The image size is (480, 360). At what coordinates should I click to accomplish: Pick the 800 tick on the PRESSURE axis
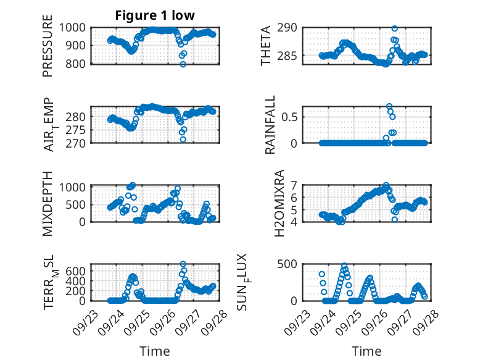point(78,64)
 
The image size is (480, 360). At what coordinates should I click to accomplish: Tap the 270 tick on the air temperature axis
point(78,143)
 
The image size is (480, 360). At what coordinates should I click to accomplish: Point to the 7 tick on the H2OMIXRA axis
point(295,185)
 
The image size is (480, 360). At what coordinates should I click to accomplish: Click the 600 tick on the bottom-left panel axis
point(78,270)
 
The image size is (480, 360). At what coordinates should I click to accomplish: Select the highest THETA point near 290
point(394,28)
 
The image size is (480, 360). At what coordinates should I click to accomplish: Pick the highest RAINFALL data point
point(389,106)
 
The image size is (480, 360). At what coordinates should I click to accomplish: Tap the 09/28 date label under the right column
point(421,322)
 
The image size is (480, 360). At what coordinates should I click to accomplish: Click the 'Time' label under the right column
point(366,351)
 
